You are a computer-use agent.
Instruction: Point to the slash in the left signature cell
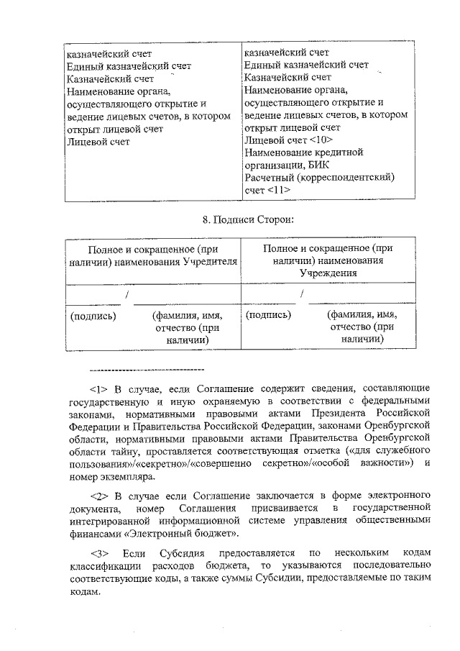[126, 295]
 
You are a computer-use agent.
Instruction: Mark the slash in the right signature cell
[303, 294]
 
